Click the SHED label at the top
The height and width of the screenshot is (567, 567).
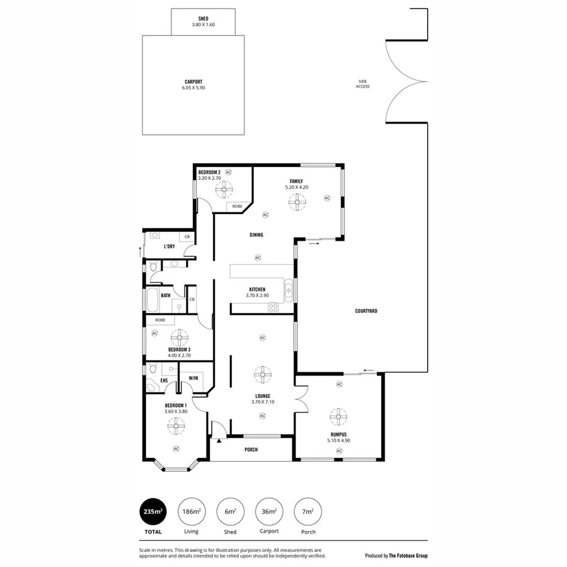click(203, 19)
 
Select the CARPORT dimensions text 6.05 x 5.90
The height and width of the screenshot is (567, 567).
click(193, 88)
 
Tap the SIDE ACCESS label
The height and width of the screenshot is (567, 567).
click(362, 83)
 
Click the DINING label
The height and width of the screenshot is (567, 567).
click(255, 235)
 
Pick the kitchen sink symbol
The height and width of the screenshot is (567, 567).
click(289, 290)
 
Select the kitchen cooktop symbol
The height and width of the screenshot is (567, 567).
click(273, 307)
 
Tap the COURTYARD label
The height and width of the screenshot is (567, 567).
click(366, 311)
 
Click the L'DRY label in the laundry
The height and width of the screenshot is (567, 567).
click(169, 246)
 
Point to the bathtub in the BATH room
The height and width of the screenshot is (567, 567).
click(153, 301)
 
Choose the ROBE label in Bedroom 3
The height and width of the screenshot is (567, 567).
click(160, 320)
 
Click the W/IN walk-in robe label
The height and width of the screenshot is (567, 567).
click(193, 378)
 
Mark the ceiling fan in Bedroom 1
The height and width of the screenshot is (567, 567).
click(176, 427)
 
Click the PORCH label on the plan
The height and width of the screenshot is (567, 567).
click(251, 449)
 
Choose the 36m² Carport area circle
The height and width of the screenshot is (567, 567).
click(269, 512)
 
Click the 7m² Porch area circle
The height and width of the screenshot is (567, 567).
click(308, 512)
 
